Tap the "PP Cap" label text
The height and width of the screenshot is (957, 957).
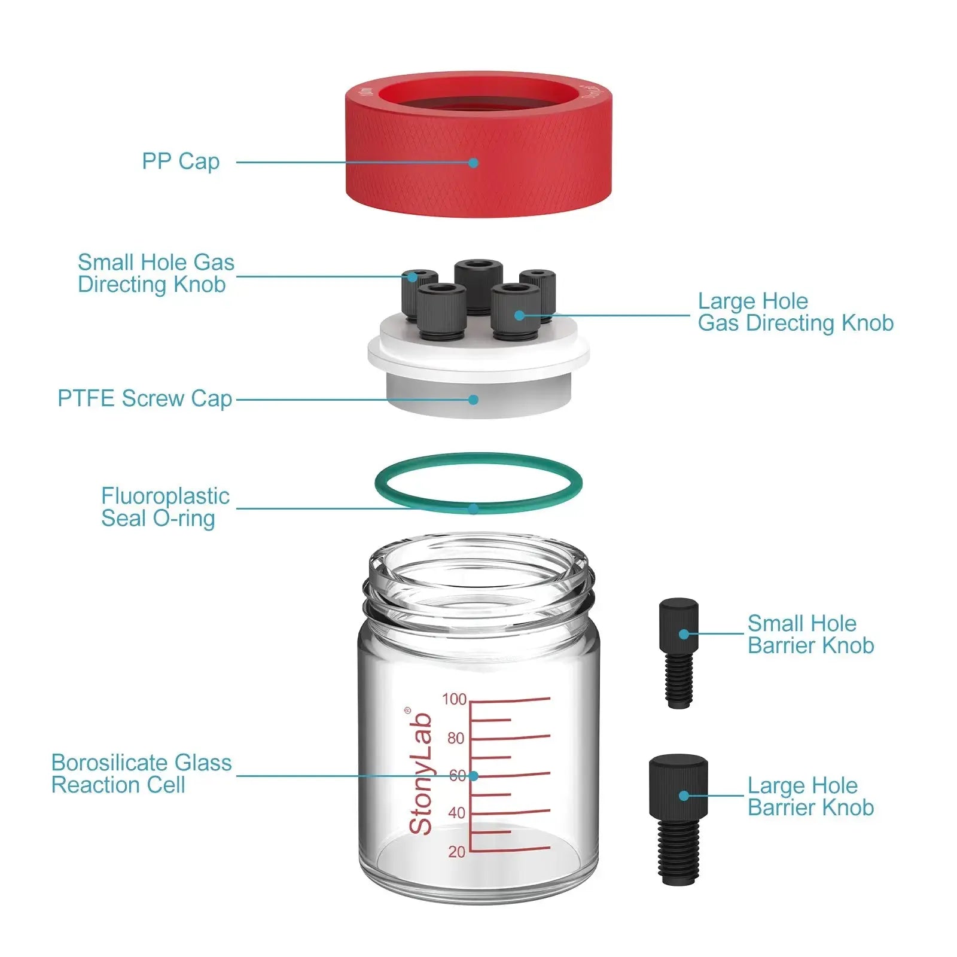(x=181, y=161)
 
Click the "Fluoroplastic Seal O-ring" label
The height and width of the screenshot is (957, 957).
(x=164, y=507)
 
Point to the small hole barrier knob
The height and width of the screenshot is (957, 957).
(x=678, y=652)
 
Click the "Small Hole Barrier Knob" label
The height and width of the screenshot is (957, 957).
(x=810, y=634)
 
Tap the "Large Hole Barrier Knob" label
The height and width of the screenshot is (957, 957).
(x=810, y=796)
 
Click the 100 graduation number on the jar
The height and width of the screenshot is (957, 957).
(x=454, y=699)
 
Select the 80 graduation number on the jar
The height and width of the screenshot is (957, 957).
(x=456, y=738)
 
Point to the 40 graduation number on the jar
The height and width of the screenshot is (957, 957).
(x=456, y=813)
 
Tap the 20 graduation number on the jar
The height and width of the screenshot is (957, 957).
(x=456, y=851)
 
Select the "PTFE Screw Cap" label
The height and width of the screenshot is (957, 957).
(x=144, y=398)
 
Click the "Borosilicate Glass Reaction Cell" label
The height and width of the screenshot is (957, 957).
(x=141, y=773)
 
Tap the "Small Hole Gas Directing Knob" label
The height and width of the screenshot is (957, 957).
(x=156, y=273)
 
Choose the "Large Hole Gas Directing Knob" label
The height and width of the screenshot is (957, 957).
(x=795, y=312)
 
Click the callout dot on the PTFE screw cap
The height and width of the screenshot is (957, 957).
(x=473, y=400)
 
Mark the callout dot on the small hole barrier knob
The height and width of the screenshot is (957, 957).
(x=684, y=634)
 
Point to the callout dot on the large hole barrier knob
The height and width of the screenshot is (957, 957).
(x=684, y=796)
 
